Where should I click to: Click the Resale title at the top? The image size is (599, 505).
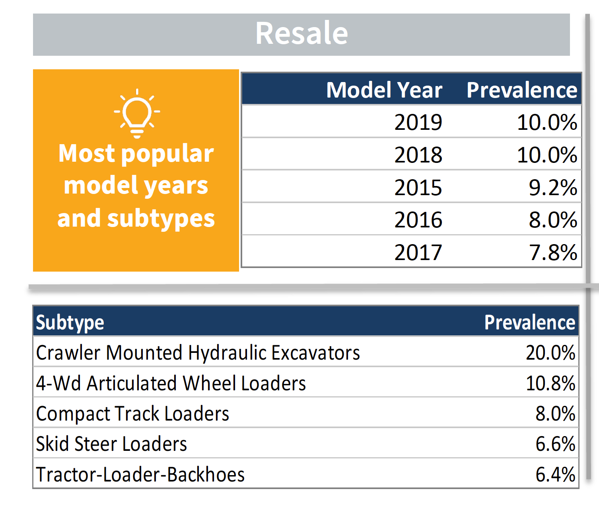pos(301,33)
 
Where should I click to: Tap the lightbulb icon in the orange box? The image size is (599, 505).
pos(137,114)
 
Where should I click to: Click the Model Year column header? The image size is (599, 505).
pos(384,90)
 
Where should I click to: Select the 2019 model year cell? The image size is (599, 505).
pos(418,122)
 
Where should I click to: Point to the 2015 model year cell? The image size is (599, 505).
pos(418,188)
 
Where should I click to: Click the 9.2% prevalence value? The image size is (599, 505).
pos(552,188)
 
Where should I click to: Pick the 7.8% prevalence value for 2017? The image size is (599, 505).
pos(552,252)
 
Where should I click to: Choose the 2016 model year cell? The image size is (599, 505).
pos(418,220)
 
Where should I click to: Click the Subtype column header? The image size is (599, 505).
pos(70,323)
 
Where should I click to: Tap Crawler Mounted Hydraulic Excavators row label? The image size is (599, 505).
pos(198,353)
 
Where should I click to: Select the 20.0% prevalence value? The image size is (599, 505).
pos(550,353)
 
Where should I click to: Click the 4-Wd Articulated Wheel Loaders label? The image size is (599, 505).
pos(171,384)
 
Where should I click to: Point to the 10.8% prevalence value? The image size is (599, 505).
pos(550,384)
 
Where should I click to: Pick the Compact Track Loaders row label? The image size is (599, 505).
pos(132,414)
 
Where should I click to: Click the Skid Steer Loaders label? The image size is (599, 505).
pos(111,444)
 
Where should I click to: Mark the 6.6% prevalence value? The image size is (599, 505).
pos(555,444)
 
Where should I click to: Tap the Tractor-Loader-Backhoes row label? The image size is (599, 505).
pos(140,475)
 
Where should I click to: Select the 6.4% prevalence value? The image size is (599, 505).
pos(555,475)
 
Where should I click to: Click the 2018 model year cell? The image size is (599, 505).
pos(418,155)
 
